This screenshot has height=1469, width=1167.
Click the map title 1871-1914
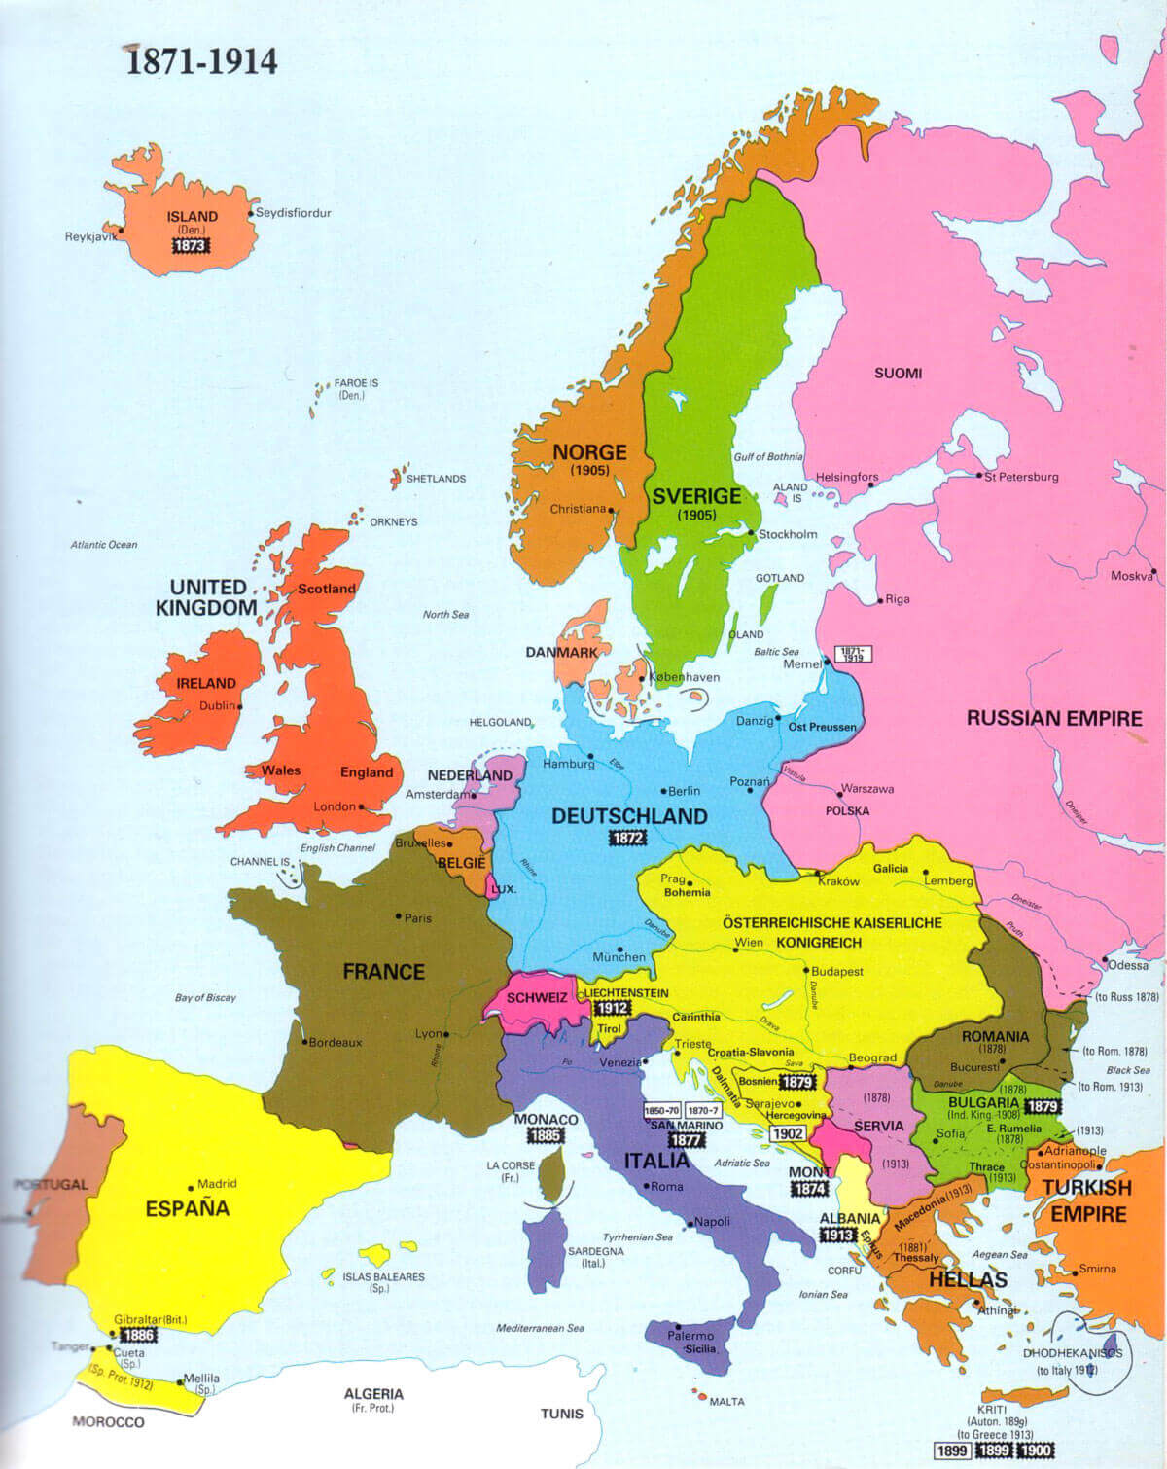(202, 61)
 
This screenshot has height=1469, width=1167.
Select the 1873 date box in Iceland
(191, 246)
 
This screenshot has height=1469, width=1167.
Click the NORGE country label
(589, 452)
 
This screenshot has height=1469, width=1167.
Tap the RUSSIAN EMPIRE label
(1054, 719)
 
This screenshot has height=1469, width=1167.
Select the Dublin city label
(217, 705)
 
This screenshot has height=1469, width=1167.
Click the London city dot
(362, 806)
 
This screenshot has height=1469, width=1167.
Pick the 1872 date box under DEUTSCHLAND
(628, 838)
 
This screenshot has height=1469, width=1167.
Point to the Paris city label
(418, 917)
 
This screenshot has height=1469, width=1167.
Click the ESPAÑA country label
(187, 1209)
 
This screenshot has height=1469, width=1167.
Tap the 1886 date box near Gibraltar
(138, 1336)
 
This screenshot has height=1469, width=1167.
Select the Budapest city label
(837, 971)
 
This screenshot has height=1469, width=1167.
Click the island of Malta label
(726, 1402)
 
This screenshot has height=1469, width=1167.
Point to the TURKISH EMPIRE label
(1087, 1200)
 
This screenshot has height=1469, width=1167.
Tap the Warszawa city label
(866, 789)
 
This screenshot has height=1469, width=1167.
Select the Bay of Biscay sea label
(205, 997)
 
